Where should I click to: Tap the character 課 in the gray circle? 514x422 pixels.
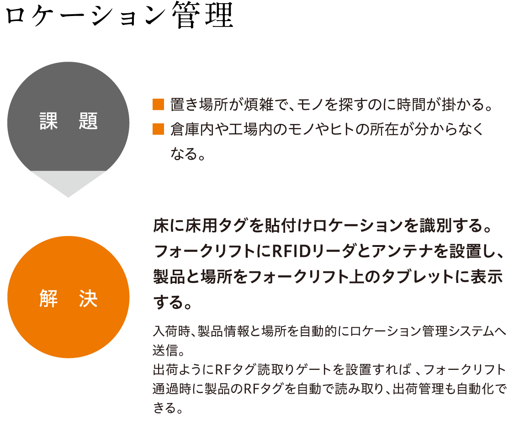tap(48, 121)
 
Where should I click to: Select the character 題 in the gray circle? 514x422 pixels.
tap(88, 121)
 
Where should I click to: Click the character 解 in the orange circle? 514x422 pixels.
tap(48, 298)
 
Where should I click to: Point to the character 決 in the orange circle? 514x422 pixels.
tap(88, 298)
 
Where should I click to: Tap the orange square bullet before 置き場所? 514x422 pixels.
tap(159, 104)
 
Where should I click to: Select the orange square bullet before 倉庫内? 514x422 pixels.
tap(159, 129)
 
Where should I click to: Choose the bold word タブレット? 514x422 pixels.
tap(418, 277)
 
